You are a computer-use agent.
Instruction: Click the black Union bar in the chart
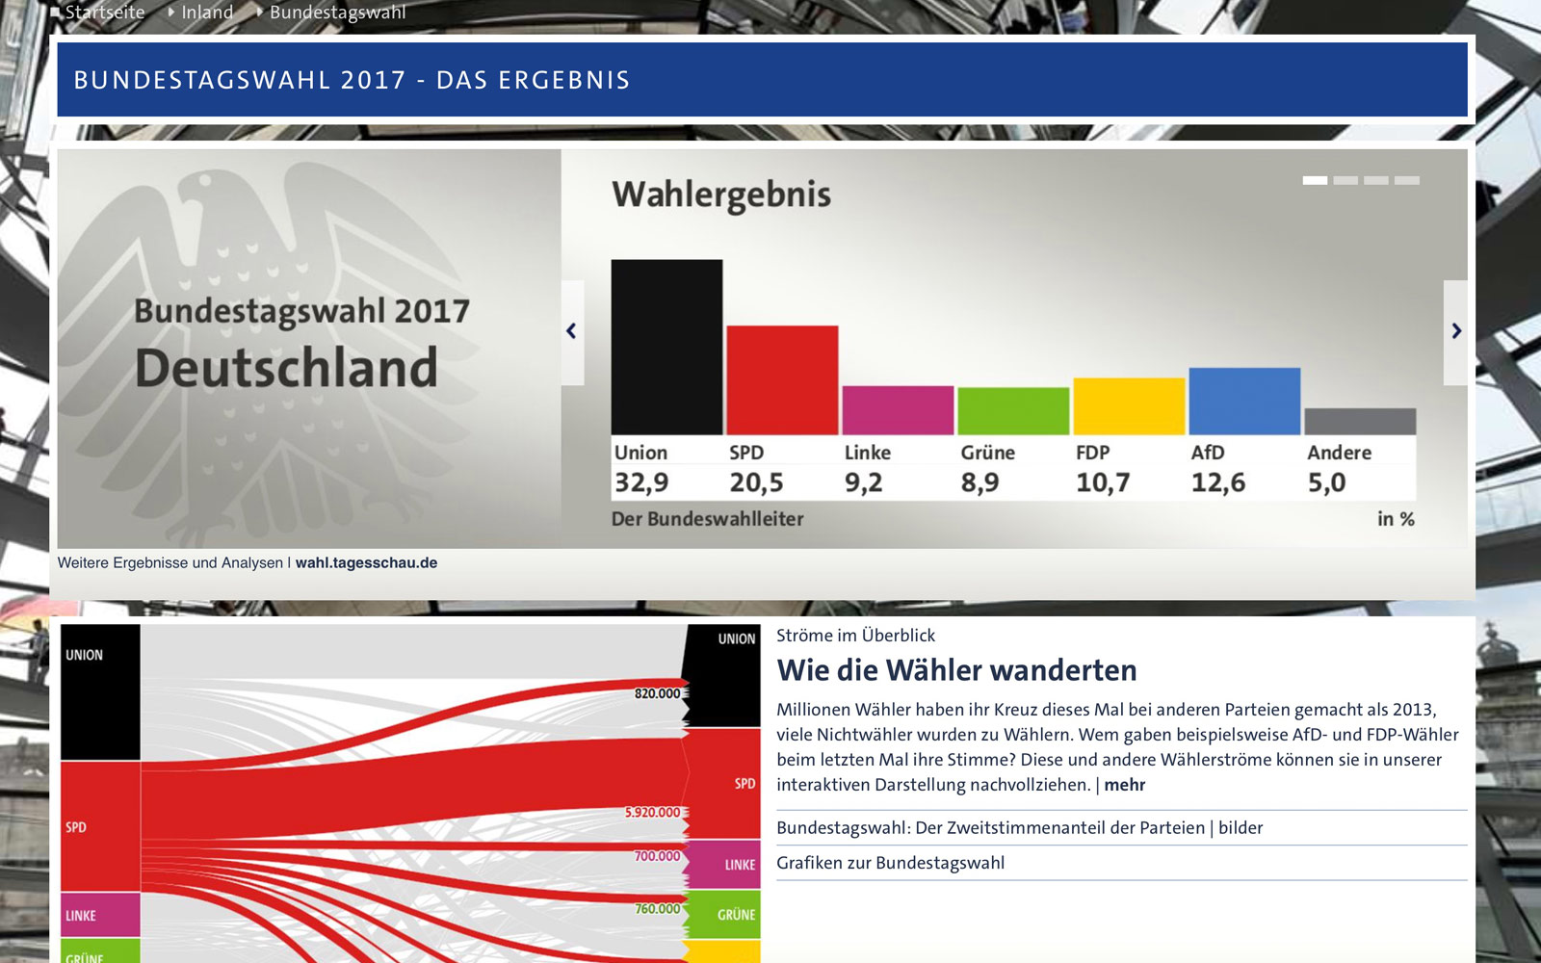pos(666,347)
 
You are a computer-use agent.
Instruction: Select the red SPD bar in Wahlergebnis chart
pos(782,380)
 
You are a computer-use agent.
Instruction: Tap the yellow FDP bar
pos(1129,406)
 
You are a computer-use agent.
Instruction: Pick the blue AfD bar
pos(1244,401)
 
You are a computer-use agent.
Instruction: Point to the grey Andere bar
pos(1360,421)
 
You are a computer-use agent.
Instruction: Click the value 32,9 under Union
pos(641,482)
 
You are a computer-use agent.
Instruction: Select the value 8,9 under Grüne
pos(979,482)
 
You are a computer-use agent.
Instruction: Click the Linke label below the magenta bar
pos(867,453)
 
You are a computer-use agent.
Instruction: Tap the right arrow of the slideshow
pos(1455,331)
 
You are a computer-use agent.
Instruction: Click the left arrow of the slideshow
pos(572,331)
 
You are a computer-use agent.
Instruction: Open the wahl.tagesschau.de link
pos(366,563)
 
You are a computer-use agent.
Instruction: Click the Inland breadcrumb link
pos(207,13)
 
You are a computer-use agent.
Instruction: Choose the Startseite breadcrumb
pos(104,13)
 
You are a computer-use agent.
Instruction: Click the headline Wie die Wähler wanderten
pos(956,670)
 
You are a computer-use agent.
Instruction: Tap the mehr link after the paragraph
pos(1124,785)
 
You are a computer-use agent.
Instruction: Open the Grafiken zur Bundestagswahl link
pos(890,863)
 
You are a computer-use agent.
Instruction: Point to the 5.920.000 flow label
pos(652,813)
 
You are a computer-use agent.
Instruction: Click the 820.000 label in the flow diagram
pos(657,693)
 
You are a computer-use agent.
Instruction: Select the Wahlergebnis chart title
pos(721,195)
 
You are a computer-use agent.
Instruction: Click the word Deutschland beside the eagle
pos(286,368)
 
